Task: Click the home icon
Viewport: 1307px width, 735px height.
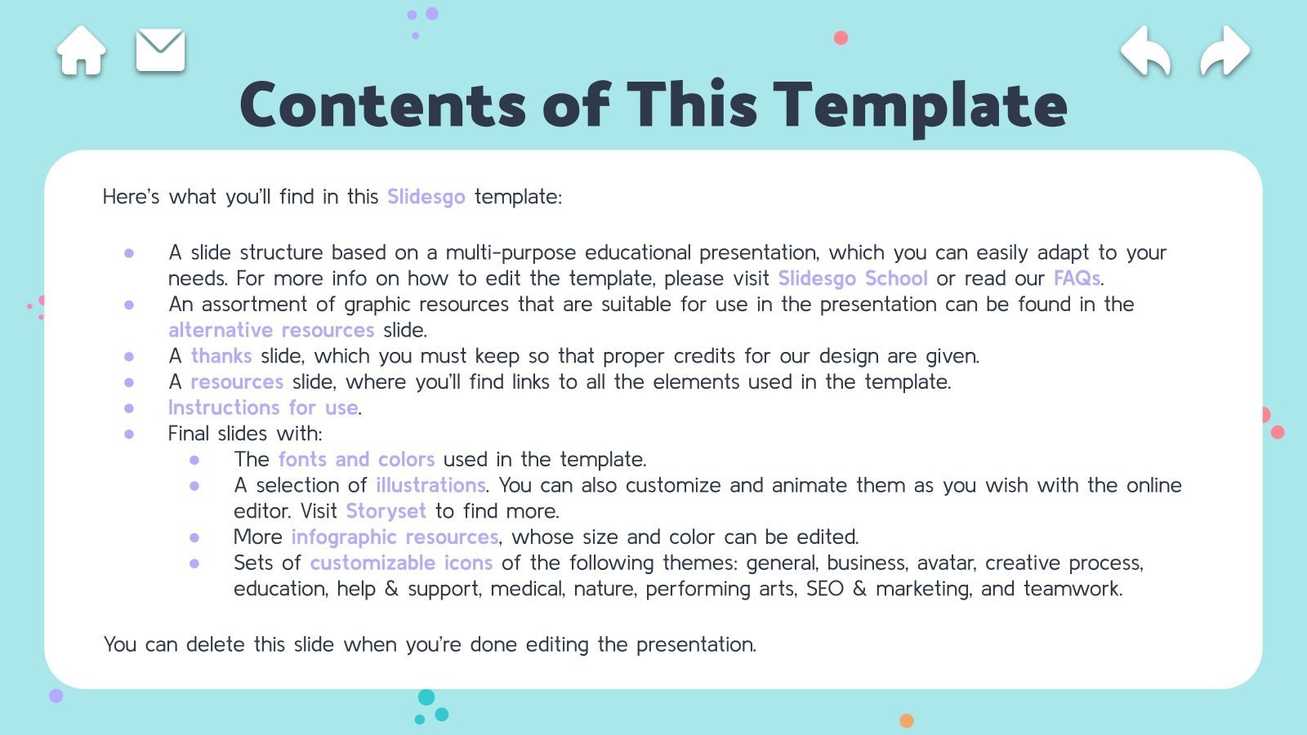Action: (81, 51)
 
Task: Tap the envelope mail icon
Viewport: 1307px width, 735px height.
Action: (160, 51)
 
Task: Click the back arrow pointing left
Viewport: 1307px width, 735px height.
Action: (1145, 51)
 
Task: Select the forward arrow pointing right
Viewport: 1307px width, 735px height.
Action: (1224, 51)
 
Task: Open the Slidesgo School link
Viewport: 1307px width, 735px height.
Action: (852, 278)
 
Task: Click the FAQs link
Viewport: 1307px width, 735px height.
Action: (1077, 278)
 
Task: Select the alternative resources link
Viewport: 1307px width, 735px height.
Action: (271, 330)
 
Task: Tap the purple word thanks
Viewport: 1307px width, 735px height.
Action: (221, 356)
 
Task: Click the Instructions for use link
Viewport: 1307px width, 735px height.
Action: (263, 408)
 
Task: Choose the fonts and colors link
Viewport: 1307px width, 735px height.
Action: (356, 459)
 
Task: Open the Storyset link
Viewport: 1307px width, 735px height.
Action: (386, 511)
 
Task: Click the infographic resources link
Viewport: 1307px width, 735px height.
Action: (395, 537)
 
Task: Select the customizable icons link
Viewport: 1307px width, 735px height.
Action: (401, 563)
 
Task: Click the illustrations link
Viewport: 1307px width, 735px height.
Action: (430, 485)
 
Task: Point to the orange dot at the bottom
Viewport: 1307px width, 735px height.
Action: (906, 720)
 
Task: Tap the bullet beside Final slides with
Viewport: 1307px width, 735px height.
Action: (129, 434)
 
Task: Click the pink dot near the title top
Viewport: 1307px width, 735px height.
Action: (841, 38)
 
